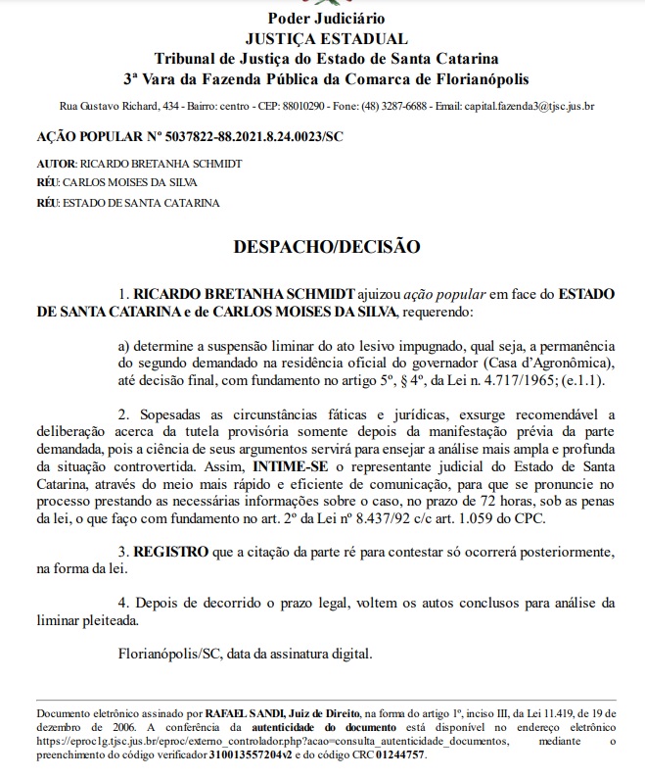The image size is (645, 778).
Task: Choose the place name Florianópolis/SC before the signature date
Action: click(165, 652)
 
